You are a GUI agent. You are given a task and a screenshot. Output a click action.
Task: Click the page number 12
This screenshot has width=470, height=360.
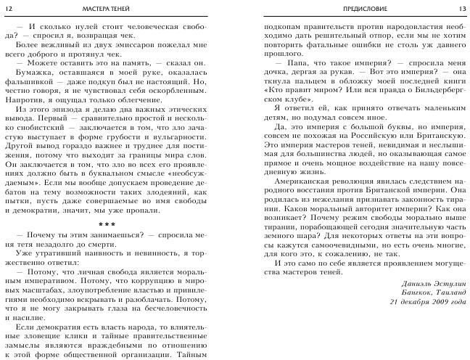pos(9,8)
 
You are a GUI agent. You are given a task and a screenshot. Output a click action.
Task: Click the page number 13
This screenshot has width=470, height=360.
pos(460,8)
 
